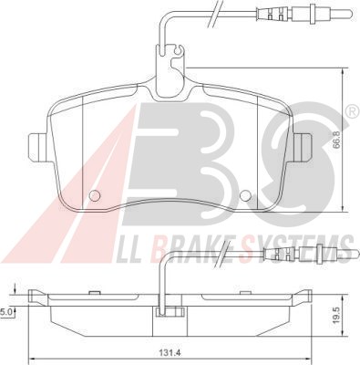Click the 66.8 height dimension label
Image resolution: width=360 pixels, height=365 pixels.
337,141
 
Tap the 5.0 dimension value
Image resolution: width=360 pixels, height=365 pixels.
6,311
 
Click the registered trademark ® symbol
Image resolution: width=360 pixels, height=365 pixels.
353,110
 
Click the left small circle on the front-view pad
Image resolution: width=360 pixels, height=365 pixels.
95,195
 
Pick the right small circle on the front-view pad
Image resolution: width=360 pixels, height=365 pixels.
245,195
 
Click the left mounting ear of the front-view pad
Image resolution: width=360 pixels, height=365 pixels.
37,148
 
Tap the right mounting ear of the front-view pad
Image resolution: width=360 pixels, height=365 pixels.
303,148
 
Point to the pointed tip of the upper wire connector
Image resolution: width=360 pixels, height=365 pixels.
352,13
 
